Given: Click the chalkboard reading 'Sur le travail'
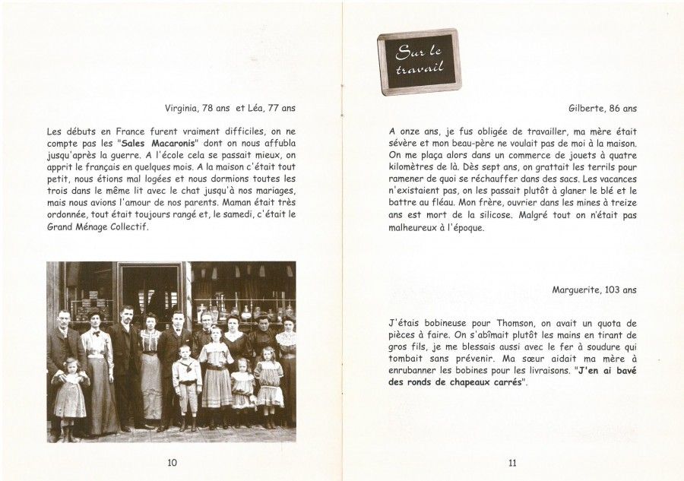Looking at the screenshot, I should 419,62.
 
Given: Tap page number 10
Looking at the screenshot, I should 172,462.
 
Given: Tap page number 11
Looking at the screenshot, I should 511,462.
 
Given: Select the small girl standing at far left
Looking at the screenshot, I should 70,397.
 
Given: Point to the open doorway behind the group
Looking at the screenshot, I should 152,289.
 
